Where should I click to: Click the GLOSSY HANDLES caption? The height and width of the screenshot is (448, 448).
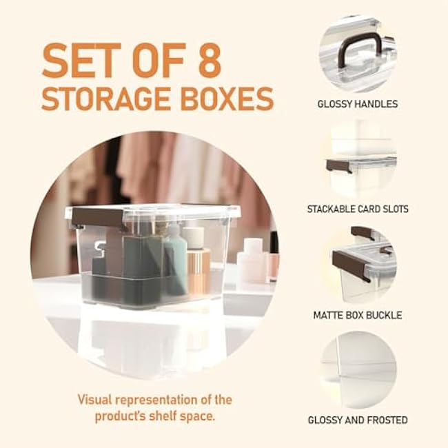click(x=357, y=104)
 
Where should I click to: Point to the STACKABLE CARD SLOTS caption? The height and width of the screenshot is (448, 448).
click(x=357, y=208)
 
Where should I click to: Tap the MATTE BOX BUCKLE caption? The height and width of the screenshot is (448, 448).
click(x=357, y=315)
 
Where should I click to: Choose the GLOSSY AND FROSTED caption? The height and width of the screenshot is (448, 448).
click(x=357, y=420)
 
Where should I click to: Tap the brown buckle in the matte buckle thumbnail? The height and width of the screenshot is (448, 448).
click(x=351, y=260)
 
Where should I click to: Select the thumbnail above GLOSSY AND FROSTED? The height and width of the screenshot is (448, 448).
click(x=357, y=365)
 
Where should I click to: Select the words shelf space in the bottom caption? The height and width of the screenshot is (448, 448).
click(x=185, y=416)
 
